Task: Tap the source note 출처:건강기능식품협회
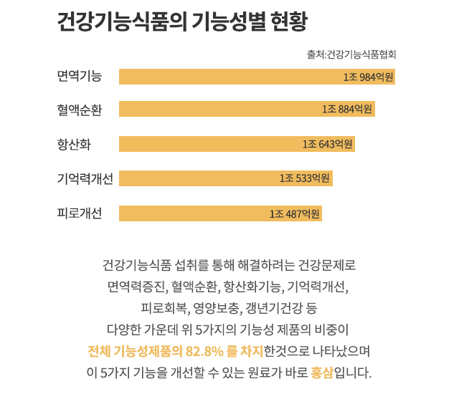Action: coord(351,54)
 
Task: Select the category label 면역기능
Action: coord(80,76)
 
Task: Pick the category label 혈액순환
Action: coord(80,110)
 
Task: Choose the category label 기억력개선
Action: coord(85,178)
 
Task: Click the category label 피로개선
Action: coord(80,213)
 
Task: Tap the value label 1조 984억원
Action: coord(369,77)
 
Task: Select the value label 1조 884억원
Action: coord(347,110)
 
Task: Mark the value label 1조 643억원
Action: coord(328,144)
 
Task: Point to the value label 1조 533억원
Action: coord(305,178)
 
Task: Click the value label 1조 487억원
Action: coord(295,213)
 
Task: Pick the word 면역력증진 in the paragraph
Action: coord(136,288)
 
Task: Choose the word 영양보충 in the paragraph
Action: coord(217,309)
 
